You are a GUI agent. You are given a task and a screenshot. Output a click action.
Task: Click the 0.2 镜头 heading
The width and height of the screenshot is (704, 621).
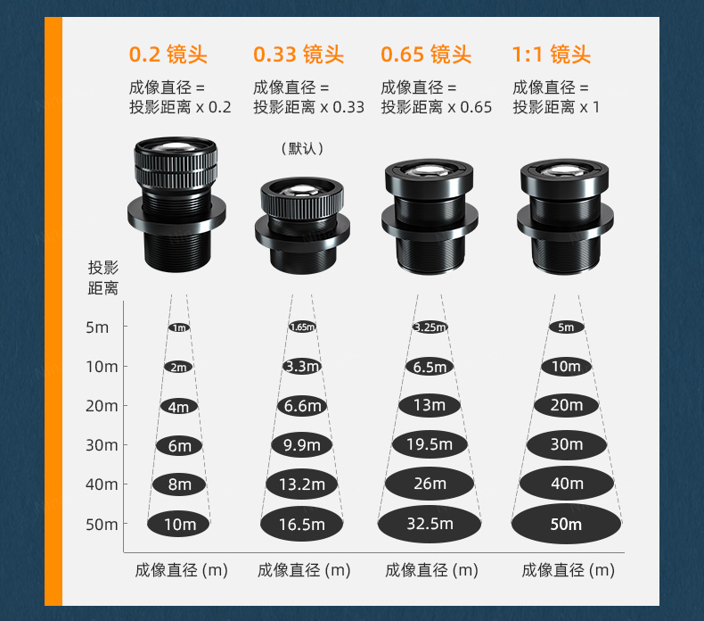[168, 54]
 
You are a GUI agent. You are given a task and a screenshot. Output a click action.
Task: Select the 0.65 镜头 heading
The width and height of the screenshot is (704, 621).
[426, 54]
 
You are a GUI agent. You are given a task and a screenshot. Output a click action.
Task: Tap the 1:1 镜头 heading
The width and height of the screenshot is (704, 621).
[552, 54]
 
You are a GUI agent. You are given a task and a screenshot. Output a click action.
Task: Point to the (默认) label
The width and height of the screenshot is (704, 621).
[302, 148]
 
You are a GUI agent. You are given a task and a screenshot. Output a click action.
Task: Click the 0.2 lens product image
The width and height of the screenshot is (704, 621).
[176, 204]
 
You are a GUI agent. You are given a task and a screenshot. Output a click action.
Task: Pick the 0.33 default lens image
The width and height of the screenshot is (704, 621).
[302, 225]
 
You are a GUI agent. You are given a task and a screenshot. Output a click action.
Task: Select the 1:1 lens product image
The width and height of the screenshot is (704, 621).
[565, 216]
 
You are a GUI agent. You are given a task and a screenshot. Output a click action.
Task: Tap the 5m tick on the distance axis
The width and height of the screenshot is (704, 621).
[126, 326]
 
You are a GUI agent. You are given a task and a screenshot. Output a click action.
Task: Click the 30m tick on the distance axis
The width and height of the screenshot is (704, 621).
[126, 444]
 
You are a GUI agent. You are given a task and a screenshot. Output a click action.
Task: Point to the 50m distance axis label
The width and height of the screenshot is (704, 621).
[102, 525]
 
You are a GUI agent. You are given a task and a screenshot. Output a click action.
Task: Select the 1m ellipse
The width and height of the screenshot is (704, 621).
[179, 327]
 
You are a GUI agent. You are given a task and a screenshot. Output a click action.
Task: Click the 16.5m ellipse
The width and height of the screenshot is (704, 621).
[302, 524]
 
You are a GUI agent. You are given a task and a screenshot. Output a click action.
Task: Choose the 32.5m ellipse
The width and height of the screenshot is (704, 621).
[430, 524]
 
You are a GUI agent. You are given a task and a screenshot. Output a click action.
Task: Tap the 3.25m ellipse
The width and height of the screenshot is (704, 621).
[430, 327]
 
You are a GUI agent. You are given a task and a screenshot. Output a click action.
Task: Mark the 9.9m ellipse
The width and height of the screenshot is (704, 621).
[302, 445]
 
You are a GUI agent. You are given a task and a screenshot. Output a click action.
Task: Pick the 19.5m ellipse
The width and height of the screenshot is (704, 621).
[430, 444]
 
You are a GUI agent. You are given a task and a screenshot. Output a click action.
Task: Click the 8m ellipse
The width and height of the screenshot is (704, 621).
[179, 484]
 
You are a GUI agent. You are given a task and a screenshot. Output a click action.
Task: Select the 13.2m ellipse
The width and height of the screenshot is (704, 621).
[302, 484]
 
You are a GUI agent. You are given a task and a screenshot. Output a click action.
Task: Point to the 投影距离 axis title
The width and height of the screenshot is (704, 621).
[102, 277]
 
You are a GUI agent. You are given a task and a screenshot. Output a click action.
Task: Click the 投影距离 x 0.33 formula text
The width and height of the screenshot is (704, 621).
[308, 107]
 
